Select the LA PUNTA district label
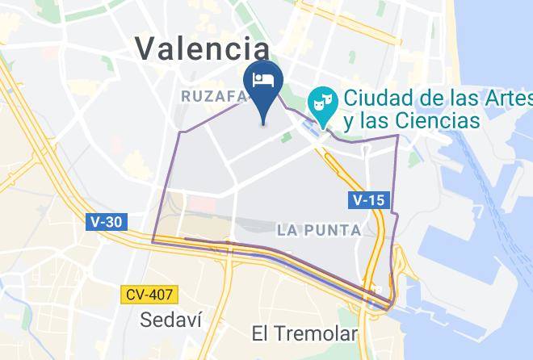(x=318, y=230)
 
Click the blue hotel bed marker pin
(x=263, y=84)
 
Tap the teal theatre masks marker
(x=321, y=103)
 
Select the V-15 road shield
(x=367, y=199)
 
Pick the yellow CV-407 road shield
(x=150, y=295)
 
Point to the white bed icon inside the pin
(x=263, y=79)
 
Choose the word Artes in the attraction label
(x=507, y=98)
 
